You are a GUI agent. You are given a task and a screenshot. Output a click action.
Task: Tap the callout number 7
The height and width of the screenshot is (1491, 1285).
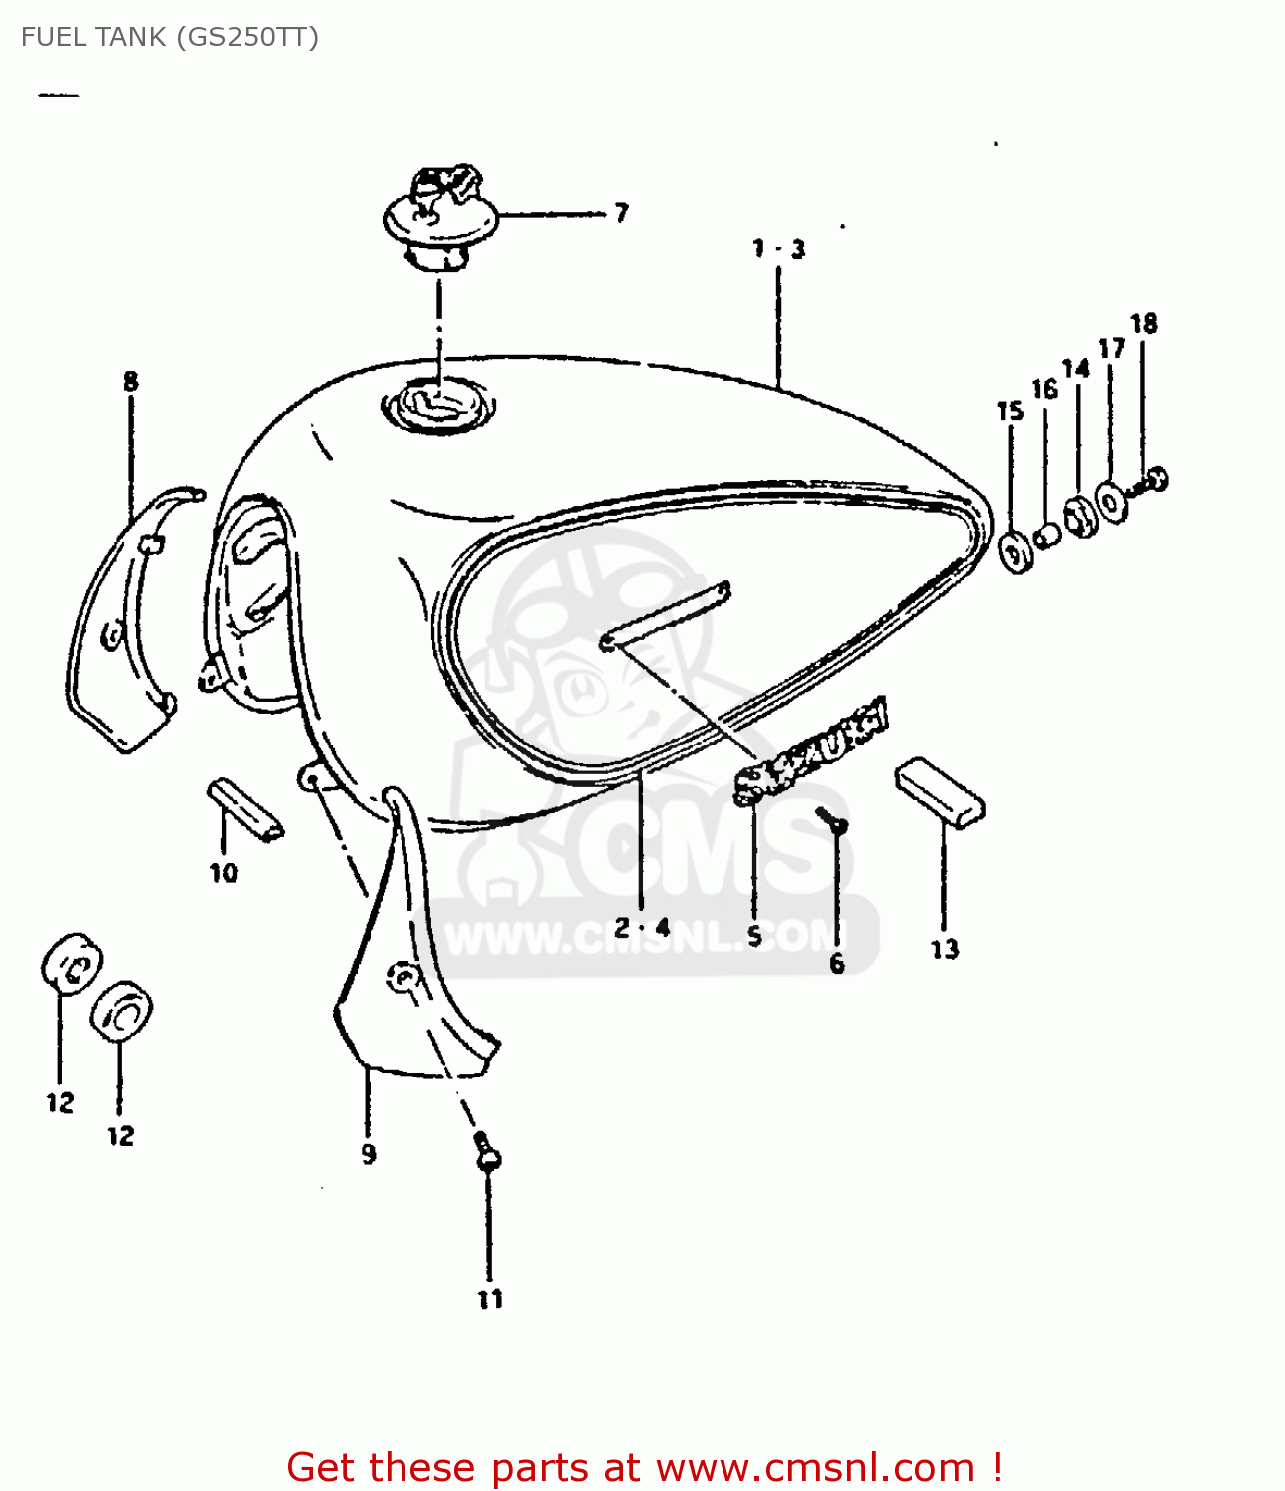click(x=621, y=213)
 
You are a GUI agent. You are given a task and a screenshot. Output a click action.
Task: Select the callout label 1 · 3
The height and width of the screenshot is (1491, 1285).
click(x=778, y=248)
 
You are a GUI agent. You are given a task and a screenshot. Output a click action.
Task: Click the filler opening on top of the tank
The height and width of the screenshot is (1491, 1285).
click(x=438, y=406)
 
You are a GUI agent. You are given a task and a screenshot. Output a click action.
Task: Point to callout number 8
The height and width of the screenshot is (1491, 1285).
click(x=131, y=382)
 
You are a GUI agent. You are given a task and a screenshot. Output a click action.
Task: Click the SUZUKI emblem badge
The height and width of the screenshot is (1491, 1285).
click(x=811, y=750)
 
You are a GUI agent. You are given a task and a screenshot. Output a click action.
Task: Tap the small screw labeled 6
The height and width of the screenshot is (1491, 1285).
click(x=833, y=820)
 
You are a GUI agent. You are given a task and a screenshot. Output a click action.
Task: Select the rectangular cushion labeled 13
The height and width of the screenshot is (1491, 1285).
click(x=940, y=791)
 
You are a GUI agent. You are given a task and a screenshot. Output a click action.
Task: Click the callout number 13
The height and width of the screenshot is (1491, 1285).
click(x=944, y=949)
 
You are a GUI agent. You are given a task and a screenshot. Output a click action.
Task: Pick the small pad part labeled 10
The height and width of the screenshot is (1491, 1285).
click(x=244, y=809)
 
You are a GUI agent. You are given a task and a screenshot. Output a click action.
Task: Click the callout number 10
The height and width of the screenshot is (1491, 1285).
click(x=224, y=873)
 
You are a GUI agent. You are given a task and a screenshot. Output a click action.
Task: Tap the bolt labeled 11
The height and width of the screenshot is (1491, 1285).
click(x=486, y=1153)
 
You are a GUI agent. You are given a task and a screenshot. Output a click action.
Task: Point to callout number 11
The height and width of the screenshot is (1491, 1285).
click(x=490, y=1299)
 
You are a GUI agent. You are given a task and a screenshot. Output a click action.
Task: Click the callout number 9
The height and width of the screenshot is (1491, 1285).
click(x=369, y=1154)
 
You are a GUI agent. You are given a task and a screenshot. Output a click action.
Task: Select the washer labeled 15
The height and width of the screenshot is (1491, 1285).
click(x=1015, y=552)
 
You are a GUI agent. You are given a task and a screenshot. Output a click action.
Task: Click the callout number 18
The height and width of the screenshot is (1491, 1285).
click(x=1143, y=324)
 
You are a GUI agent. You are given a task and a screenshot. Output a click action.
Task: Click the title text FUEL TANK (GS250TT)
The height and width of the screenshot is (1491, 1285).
click(x=170, y=37)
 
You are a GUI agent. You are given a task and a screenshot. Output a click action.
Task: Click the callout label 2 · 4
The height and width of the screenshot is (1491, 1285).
click(x=642, y=928)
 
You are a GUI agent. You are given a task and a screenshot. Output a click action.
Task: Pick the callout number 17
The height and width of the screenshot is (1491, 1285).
click(x=1111, y=348)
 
